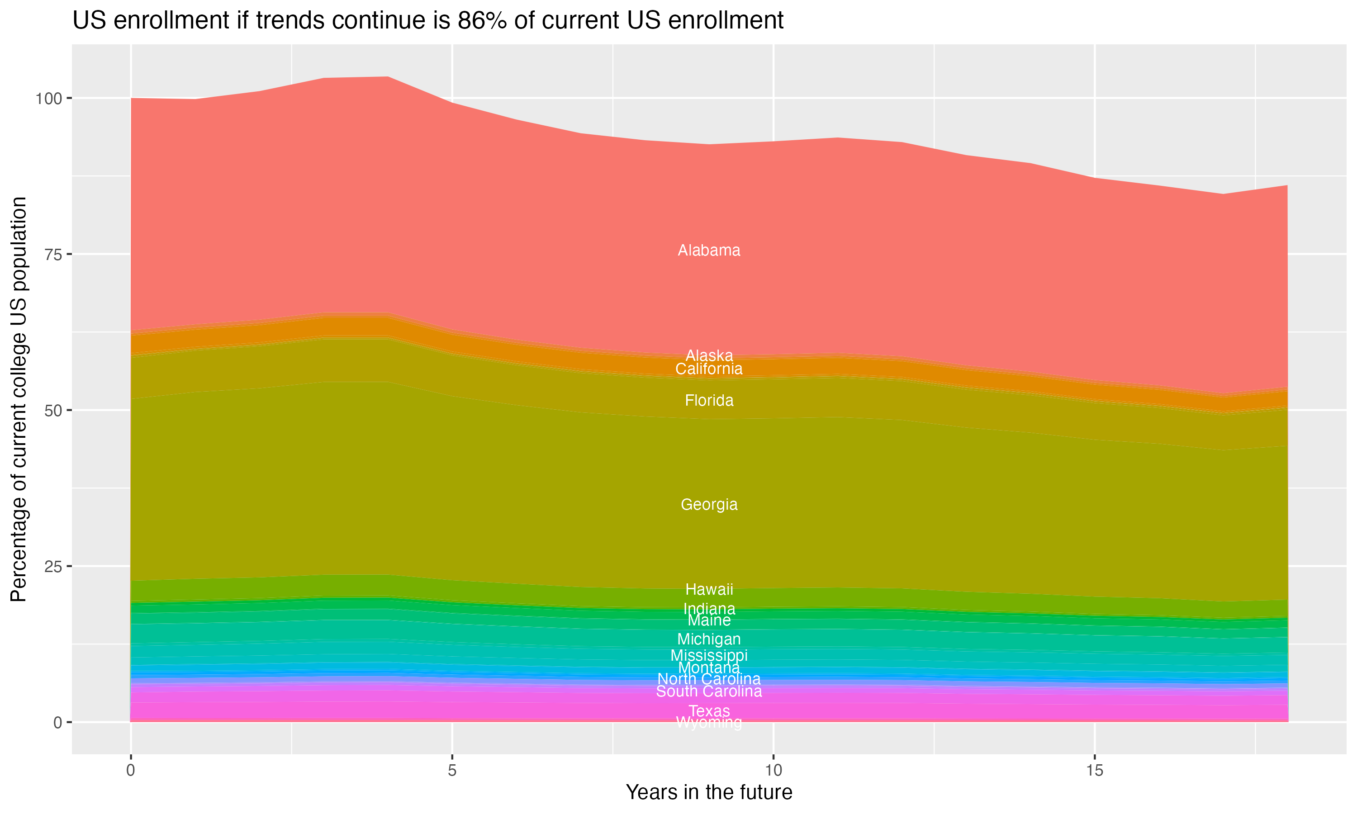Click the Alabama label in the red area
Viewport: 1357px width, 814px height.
[709, 251]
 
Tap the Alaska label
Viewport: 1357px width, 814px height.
[709, 355]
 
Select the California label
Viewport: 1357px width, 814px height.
[709, 369]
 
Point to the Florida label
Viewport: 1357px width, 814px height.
[709, 400]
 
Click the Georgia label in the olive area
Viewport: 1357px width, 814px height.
[709, 505]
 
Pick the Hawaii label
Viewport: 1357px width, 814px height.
[709, 590]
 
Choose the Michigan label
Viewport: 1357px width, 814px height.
[709, 639]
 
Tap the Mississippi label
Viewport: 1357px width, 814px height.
[709, 655]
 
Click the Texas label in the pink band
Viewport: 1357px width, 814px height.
[709, 711]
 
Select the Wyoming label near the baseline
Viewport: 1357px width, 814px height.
[709, 723]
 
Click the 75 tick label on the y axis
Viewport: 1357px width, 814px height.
[52, 255]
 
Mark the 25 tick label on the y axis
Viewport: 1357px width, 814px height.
[52, 566]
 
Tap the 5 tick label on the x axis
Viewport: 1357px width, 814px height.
[452, 771]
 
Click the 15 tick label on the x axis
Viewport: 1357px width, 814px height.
[1094, 771]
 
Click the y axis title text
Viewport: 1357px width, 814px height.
[19, 399]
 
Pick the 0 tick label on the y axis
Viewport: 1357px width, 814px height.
[57, 722]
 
